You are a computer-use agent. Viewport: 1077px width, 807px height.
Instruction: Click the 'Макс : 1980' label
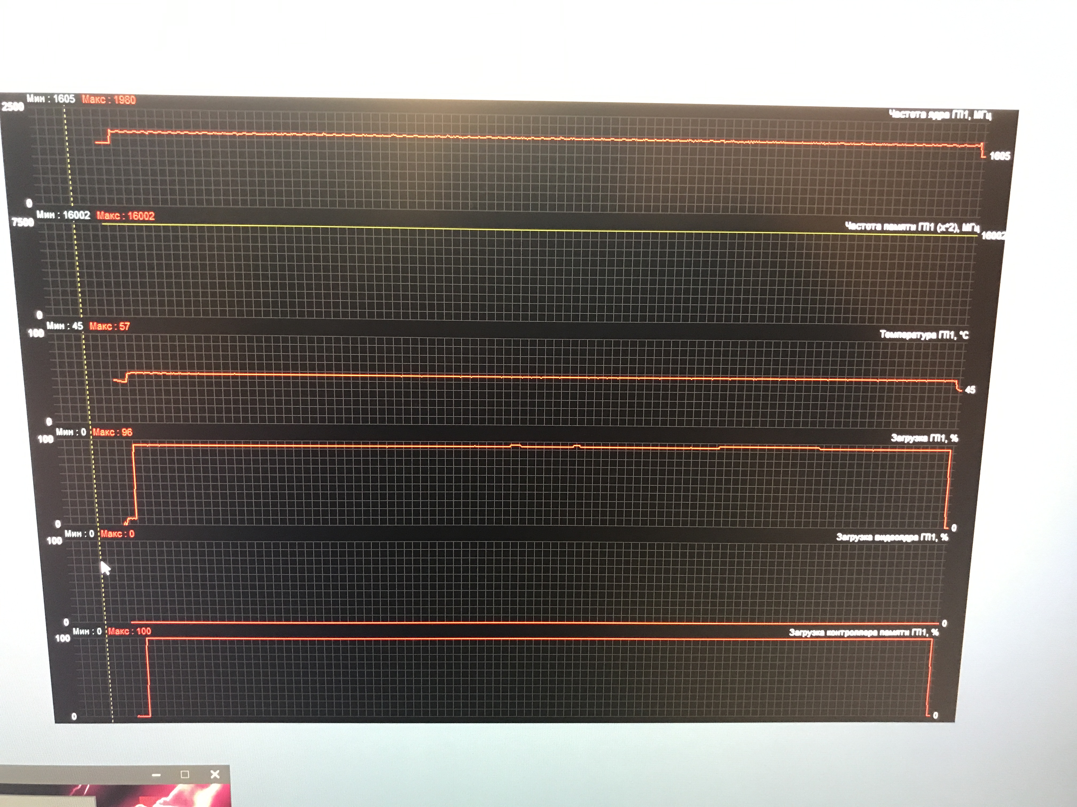[x=108, y=100]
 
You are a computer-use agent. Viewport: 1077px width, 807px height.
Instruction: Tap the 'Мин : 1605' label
[x=51, y=99]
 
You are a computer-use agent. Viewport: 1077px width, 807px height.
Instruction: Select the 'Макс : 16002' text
[x=126, y=216]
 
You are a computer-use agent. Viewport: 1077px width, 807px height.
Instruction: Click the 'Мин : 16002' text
[x=63, y=215]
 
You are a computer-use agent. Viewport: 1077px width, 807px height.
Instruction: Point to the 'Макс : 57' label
[x=110, y=326]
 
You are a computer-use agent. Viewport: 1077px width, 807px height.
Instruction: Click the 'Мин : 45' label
[x=65, y=326]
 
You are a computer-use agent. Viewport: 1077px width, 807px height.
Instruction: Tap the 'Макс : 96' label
[x=112, y=432]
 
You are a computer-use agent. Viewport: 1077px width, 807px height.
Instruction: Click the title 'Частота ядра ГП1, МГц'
[x=940, y=115]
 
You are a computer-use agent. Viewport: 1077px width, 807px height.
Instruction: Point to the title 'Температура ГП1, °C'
[x=924, y=335]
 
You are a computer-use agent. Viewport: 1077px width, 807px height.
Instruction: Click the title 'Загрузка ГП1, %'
[x=924, y=438]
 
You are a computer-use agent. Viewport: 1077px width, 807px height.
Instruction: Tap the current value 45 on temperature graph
[x=970, y=390]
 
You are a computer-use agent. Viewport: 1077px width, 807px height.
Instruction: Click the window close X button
[x=215, y=774]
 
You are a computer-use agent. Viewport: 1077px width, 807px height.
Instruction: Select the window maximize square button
[x=185, y=774]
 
